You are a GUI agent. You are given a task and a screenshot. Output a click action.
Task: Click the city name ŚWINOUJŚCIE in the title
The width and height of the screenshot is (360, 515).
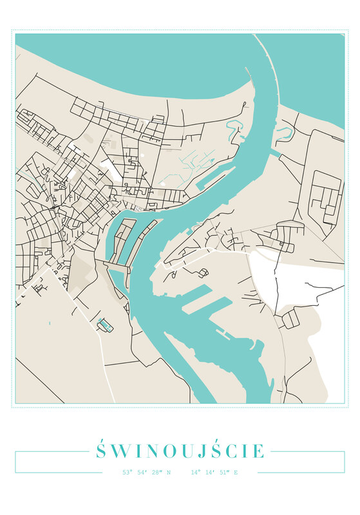coord(180,450)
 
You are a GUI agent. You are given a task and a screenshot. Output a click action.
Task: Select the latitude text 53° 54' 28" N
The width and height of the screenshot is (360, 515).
coord(147,473)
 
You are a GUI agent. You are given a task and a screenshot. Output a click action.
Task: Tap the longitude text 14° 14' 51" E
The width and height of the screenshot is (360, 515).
coord(214,473)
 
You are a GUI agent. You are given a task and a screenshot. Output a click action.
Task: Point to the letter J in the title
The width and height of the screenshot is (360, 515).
coord(192,451)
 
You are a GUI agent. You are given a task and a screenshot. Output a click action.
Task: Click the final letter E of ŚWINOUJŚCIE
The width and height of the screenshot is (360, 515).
coord(258,451)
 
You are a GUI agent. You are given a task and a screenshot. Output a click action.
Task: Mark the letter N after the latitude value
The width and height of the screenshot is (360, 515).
coord(169,473)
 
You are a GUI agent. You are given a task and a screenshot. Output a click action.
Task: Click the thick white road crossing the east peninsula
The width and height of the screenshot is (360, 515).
coord(213,255)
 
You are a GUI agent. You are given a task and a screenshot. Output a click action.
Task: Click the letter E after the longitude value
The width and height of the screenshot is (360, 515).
coord(236,473)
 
